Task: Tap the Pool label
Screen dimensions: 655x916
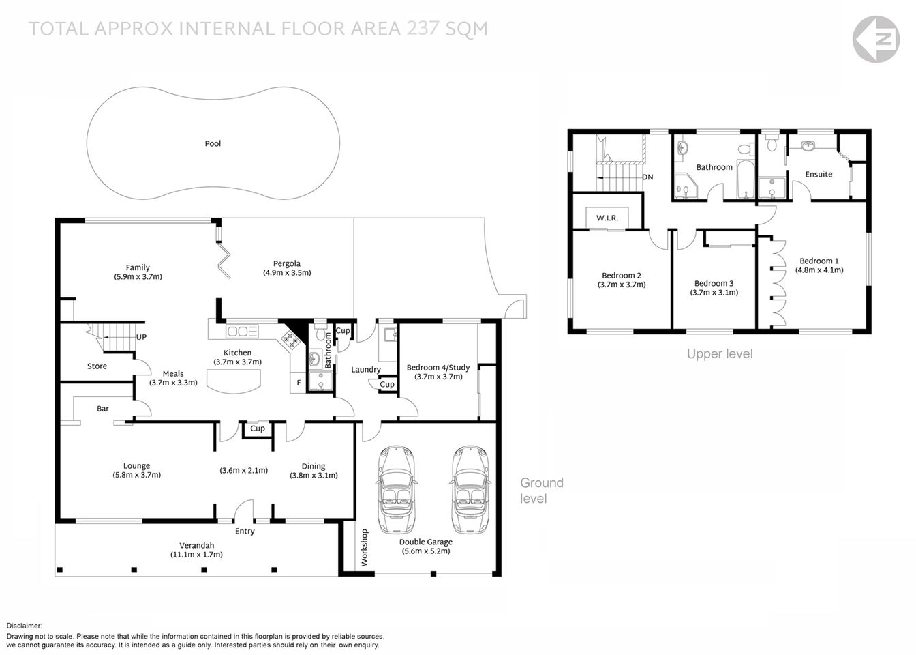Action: pos(213,144)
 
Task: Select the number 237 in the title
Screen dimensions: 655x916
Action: pos(422,29)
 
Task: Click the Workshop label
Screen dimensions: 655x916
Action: pos(364,547)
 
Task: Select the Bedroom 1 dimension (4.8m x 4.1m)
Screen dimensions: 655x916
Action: pos(819,270)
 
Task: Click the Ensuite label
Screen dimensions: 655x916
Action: pos(819,174)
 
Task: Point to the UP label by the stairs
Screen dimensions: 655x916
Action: pos(142,337)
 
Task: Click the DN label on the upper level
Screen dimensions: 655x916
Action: pos(647,177)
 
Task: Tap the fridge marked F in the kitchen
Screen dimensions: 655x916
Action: pos(298,383)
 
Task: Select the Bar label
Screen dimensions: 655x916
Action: pos(103,409)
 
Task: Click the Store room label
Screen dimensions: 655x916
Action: pos(97,366)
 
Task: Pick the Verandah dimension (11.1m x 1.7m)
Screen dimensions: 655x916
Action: pos(196,555)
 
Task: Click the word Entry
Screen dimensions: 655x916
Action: pos(245,532)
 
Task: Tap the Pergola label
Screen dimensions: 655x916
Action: pos(287,263)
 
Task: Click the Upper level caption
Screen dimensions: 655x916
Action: pos(719,353)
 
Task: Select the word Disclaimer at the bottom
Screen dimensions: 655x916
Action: pos(25,626)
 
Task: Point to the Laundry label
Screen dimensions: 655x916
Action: pos(366,370)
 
